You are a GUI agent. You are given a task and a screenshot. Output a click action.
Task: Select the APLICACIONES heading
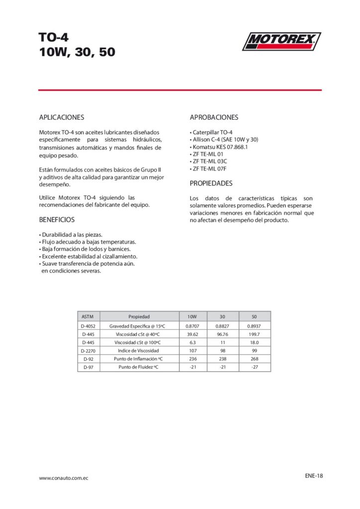(62, 118)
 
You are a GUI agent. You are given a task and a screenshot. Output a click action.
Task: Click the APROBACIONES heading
(214, 118)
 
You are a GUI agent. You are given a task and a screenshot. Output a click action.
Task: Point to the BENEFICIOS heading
(57, 219)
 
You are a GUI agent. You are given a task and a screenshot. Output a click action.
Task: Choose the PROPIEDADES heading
(211, 183)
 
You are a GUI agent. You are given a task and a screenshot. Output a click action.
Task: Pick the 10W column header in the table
(192, 316)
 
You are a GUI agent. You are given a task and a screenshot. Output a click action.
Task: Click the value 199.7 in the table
(254, 334)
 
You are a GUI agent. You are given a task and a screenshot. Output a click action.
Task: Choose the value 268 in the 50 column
(254, 359)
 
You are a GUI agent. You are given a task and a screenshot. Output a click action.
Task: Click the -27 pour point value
(254, 367)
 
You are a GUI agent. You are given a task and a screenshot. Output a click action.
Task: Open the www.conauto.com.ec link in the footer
(64, 478)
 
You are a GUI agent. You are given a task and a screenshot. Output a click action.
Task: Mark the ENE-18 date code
(314, 475)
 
